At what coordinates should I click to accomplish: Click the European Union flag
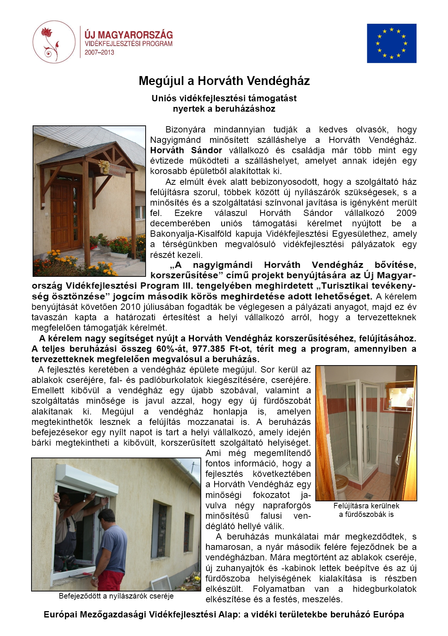pos(391,43)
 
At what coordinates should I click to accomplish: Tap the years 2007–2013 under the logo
pos(99,53)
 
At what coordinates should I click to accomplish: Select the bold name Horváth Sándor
pos(186,151)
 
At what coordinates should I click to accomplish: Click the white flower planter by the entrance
pos(119,255)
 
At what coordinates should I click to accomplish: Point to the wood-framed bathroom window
pos(399,397)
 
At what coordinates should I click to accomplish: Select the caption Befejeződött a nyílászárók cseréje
pos(116,596)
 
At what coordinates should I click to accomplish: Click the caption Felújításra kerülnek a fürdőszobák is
pos(366,510)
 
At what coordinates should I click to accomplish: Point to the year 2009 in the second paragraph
pos(406,213)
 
